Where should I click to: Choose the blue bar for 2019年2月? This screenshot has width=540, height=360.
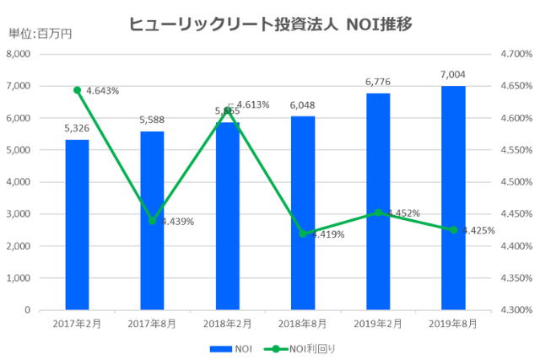[x=378, y=201]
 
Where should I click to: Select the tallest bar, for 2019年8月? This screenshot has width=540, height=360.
[x=453, y=198]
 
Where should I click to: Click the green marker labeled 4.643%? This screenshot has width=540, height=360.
[x=77, y=90]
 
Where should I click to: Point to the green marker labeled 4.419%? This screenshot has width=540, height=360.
[x=303, y=234]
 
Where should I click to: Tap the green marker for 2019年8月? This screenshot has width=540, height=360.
[x=453, y=230]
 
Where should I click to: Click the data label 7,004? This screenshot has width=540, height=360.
[x=453, y=75]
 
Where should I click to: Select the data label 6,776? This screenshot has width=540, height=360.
[x=378, y=83]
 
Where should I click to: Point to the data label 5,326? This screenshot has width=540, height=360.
[x=77, y=129]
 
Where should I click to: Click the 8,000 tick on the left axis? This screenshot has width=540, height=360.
[x=19, y=54]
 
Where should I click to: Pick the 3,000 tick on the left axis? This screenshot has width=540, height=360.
[x=19, y=214]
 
